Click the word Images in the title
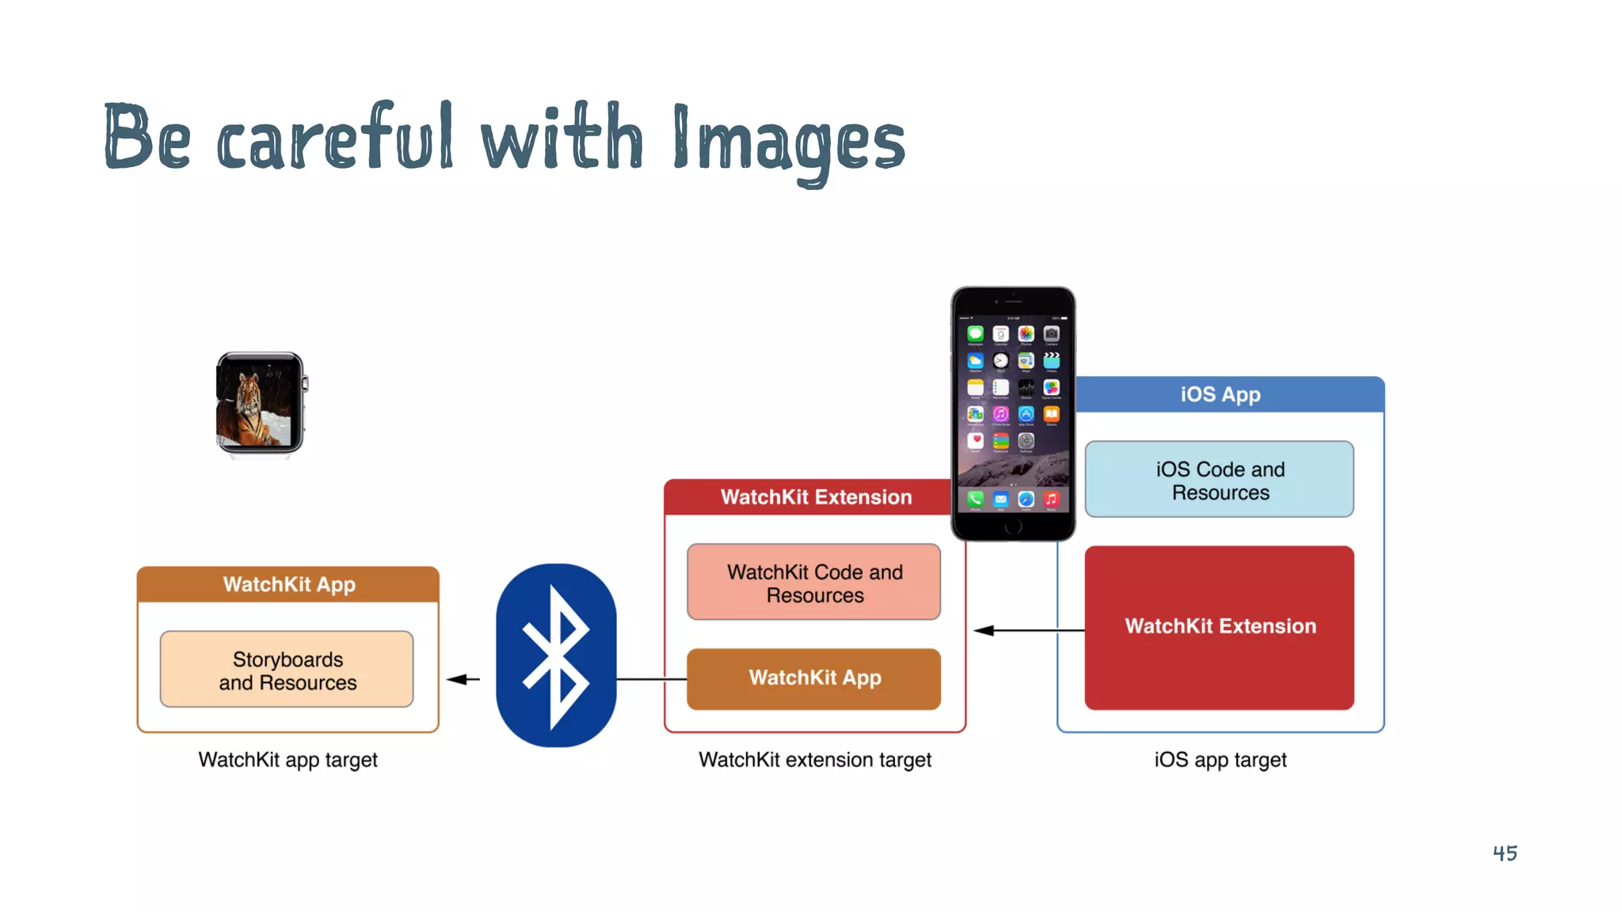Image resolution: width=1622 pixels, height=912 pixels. [788, 142]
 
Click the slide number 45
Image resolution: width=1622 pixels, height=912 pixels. [1505, 853]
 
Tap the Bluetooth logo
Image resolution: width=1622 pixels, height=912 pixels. [556, 655]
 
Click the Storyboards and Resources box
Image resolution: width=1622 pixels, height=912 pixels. [287, 670]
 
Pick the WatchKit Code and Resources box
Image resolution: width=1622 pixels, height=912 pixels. [814, 583]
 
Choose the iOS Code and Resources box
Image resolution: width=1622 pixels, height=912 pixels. [1220, 480]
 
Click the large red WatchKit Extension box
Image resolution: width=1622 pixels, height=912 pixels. [1220, 627]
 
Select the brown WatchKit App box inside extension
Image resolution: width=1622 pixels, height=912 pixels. [814, 678]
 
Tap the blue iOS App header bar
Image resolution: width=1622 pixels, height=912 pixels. [1228, 394]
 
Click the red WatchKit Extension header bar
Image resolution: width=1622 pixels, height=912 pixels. [808, 497]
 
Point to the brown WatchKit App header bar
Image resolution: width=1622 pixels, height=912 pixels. [288, 584]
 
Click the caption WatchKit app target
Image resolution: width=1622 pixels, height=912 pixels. [287, 760]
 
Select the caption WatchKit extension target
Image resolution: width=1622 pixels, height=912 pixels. [814, 760]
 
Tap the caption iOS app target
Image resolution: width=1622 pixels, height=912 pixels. [1220, 760]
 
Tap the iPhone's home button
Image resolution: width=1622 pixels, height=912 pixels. [1013, 527]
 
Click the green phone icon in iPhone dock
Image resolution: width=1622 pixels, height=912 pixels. [976, 499]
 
